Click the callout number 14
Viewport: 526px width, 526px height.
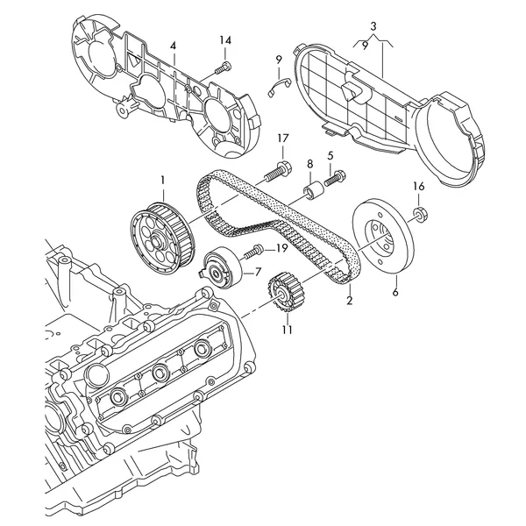tap(225, 40)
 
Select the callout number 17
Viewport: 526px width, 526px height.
tap(283, 139)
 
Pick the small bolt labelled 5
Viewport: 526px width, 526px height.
tap(335, 179)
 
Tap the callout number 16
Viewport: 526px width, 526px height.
tap(419, 186)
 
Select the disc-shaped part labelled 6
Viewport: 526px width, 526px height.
tap(384, 237)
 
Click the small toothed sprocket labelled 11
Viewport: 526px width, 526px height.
tap(286, 293)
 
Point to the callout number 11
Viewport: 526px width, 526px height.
tap(287, 330)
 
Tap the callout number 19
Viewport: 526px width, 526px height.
tap(281, 249)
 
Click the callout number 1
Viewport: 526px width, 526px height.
tap(163, 181)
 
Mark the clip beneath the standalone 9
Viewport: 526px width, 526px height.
tap(280, 86)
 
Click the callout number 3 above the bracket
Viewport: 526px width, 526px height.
tap(373, 25)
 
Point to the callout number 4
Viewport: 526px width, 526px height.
tap(173, 46)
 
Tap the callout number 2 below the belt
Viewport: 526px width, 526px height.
tap(350, 300)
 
